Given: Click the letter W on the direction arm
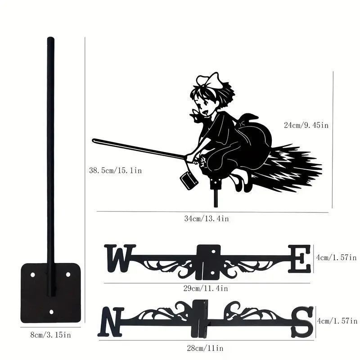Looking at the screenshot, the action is tap(120, 258).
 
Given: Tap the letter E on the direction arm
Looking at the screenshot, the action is tap(300, 259).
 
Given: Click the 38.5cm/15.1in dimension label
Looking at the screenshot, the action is tap(116, 171).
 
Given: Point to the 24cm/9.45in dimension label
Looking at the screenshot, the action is tap(306, 125).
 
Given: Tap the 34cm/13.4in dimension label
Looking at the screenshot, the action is tap(207, 219).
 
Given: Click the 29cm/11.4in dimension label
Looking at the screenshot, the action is tap(206, 288).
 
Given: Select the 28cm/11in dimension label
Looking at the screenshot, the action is tap(205, 348).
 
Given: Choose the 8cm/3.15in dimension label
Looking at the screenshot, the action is tap(51, 335).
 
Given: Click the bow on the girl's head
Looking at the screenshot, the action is tap(209, 81).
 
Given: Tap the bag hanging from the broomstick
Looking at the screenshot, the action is tap(189, 181).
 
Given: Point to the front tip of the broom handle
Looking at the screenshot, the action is tap(94, 140).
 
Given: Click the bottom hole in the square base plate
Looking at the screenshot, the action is tap(51, 312).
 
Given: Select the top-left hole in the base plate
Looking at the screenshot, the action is tap(32, 274).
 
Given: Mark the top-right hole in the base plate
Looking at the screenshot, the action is tap(68, 274).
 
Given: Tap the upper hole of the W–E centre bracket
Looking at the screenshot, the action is tap(213, 252).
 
